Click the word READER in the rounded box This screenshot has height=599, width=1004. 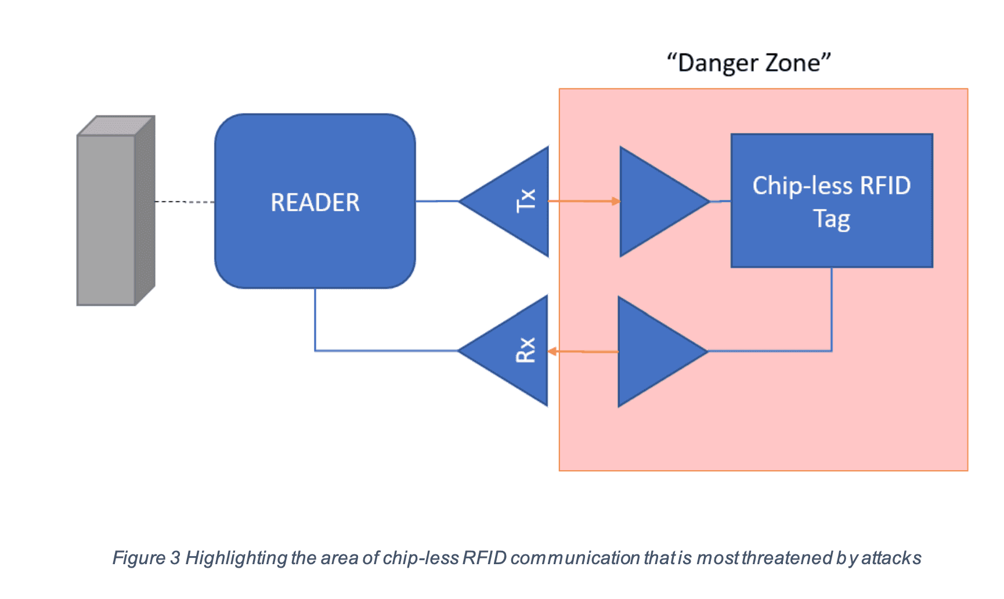pyautogui.click(x=315, y=203)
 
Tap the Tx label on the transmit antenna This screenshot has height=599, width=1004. pyautogui.click(x=526, y=201)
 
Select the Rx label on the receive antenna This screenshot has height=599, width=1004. pyautogui.click(x=526, y=350)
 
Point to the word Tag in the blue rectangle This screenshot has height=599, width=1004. pyautogui.click(x=831, y=219)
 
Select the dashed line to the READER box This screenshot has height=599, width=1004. pyautogui.click(x=185, y=202)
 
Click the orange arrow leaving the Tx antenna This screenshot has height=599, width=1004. pyautogui.click(x=583, y=201)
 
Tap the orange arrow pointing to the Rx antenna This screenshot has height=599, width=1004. pyautogui.click(x=583, y=351)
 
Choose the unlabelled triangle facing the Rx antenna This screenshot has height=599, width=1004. pyautogui.click(x=655, y=351)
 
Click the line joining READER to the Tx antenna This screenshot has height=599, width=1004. pyautogui.click(x=437, y=201)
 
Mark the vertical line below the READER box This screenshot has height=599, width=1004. pyautogui.click(x=315, y=319)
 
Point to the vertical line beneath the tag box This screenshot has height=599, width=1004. pyautogui.click(x=832, y=308)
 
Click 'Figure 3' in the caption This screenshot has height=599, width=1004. pyautogui.click(x=146, y=558)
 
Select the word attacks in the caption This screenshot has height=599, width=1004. pyautogui.click(x=891, y=558)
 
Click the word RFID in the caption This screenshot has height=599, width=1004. pyautogui.click(x=485, y=558)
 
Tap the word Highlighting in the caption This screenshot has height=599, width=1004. pyautogui.click(x=236, y=558)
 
